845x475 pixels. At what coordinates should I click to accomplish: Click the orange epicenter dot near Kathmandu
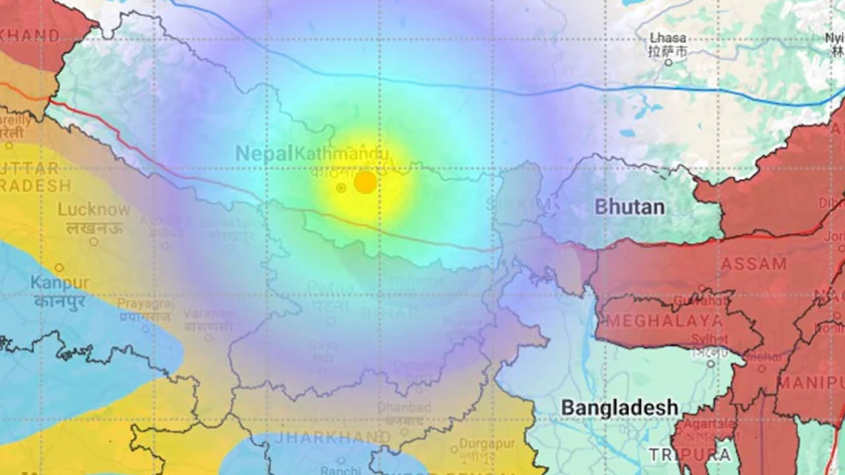click(x=365, y=182)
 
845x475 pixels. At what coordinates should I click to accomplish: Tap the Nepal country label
click(x=263, y=154)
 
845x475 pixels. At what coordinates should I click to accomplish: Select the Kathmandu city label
click(x=341, y=154)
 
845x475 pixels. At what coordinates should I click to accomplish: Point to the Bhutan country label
click(x=629, y=207)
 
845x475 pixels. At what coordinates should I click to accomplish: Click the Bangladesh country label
click(x=619, y=407)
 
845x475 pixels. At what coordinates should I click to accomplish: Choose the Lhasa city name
click(x=668, y=38)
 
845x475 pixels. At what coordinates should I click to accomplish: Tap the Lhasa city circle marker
click(x=668, y=62)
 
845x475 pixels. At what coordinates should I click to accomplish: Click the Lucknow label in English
click(x=94, y=210)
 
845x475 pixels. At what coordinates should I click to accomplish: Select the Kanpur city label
click(x=59, y=283)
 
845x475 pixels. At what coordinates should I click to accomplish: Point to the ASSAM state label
click(x=754, y=264)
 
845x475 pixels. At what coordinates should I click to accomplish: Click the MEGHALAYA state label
click(x=664, y=321)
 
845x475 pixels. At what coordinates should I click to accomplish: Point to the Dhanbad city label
click(x=400, y=407)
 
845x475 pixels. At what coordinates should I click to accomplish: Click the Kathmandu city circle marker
click(x=341, y=188)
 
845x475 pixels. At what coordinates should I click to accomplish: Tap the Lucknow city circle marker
click(x=94, y=241)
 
